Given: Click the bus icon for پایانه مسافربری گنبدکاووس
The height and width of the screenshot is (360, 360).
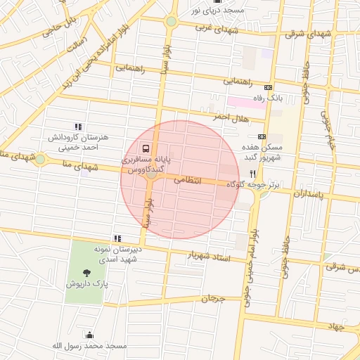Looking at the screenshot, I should pos(146,148).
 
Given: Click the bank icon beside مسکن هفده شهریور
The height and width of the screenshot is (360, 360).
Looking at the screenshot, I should pos(262,136).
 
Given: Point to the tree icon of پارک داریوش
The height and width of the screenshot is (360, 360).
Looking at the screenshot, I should pos(86,272).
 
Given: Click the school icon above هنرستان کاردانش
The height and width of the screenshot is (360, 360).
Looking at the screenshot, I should pos(78,127).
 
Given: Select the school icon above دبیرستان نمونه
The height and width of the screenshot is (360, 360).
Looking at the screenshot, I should pos(117,239).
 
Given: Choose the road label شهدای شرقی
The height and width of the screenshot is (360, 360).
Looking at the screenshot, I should pos(309,33).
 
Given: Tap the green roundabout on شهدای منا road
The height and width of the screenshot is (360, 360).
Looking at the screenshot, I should pos(40,160).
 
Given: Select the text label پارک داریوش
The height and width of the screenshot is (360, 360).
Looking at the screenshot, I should pos(85,284).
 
